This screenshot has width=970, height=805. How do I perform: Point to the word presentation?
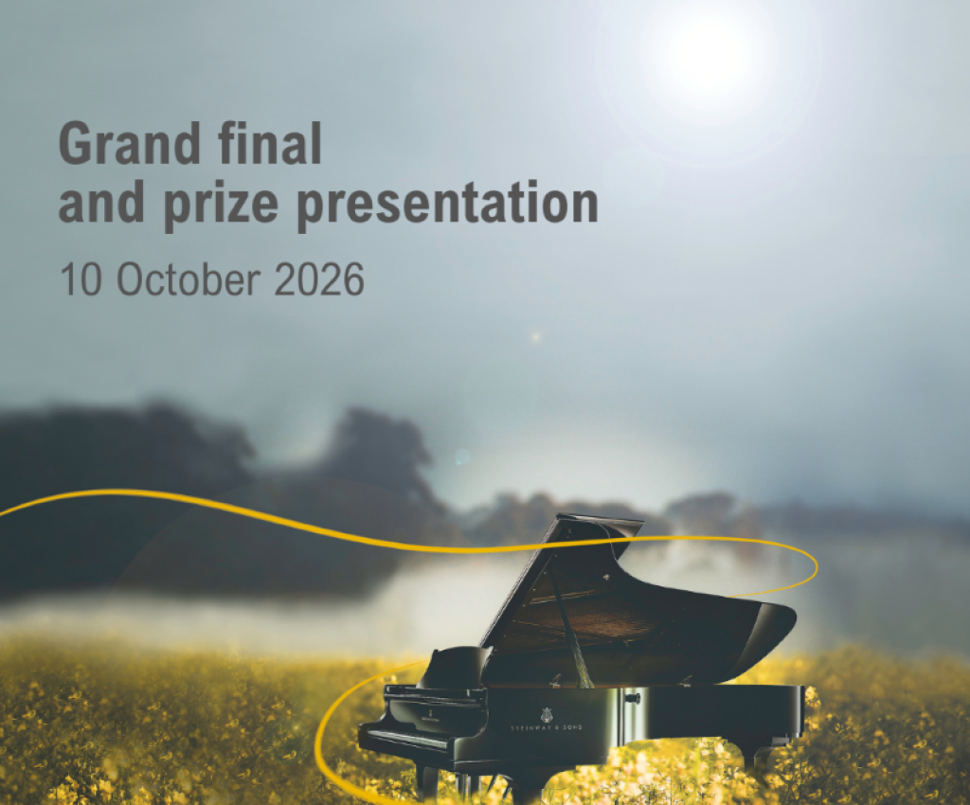coord(454,204)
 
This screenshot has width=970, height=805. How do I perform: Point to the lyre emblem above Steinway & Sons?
coord(546,714)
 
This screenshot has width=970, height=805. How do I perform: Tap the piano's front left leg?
coord(427,781)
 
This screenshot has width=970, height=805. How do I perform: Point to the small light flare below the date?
coord(535,337)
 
